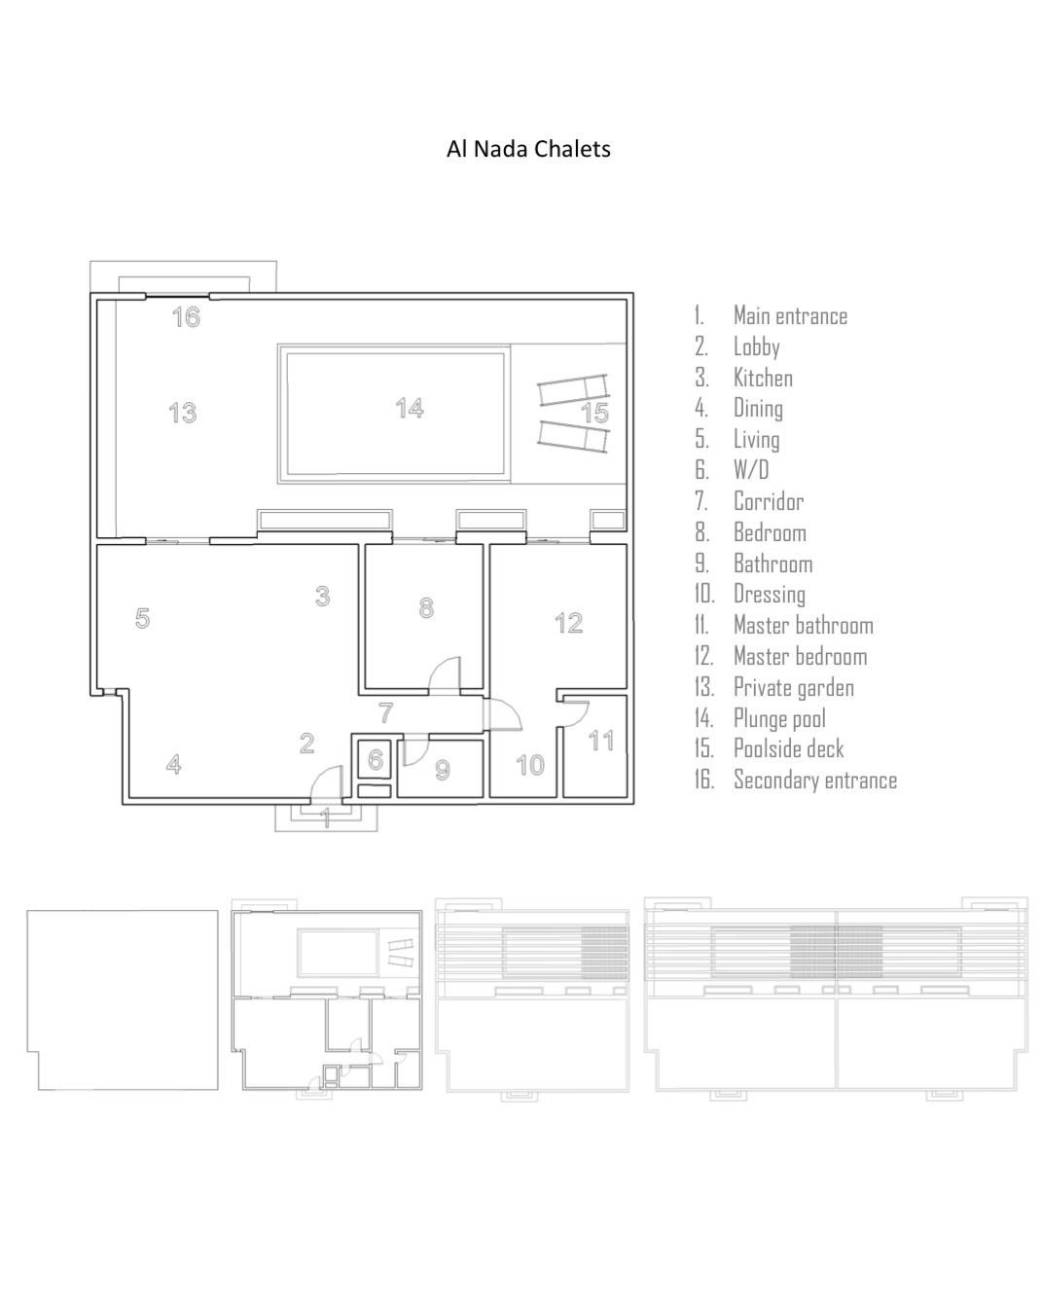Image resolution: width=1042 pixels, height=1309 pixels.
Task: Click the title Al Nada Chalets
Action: [528, 149]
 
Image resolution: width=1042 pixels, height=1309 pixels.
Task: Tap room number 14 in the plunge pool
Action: [410, 408]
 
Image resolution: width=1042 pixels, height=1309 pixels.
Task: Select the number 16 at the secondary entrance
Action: [186, 317]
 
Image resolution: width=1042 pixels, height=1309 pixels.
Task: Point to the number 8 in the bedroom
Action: [426, 607]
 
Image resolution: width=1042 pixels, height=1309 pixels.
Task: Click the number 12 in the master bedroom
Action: [569, 623]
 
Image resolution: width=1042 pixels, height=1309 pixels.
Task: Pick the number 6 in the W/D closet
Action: [376, 759]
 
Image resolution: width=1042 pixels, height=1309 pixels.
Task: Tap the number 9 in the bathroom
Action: [443, 770]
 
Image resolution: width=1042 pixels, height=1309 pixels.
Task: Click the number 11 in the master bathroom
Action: [601, 741]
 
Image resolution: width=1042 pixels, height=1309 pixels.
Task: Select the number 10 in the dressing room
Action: [530, 765]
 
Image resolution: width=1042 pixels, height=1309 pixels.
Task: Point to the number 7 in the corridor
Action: [385, 712]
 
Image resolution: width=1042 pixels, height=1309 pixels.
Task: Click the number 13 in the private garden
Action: [183, 413]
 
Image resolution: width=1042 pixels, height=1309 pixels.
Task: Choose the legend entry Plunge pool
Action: [779, 718]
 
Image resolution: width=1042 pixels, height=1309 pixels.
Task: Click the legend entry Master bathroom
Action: [803, 625]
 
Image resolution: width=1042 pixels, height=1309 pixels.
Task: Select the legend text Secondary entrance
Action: [815, 780]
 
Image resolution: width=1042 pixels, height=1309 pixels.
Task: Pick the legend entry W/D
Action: [751, 469]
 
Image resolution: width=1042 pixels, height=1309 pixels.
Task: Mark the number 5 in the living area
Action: [142, 618]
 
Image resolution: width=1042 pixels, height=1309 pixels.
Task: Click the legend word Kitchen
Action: [763, 378]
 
